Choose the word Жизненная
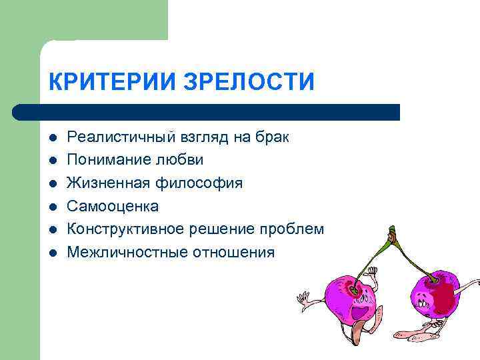tap(107, 183)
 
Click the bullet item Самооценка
tap(113, 206)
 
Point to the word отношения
tap(233, 252)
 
